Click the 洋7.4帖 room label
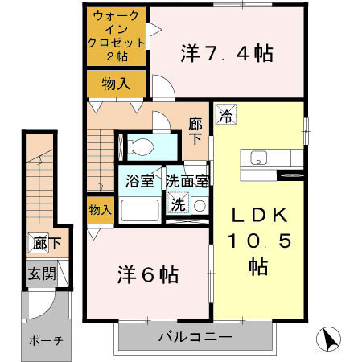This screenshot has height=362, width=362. coord(226,55)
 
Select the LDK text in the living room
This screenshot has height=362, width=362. coord(258,217)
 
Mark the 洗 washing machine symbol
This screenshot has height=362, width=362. coord(177,204)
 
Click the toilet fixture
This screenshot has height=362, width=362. coord(142,146)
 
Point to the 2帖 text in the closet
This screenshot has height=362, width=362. coord(117,58)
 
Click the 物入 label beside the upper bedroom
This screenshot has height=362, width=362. coord(117,83)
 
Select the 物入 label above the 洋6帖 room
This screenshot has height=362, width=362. coord(99,210)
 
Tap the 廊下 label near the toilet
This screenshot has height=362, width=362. coord(196,130)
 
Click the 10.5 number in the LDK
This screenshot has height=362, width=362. coord(259,241)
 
